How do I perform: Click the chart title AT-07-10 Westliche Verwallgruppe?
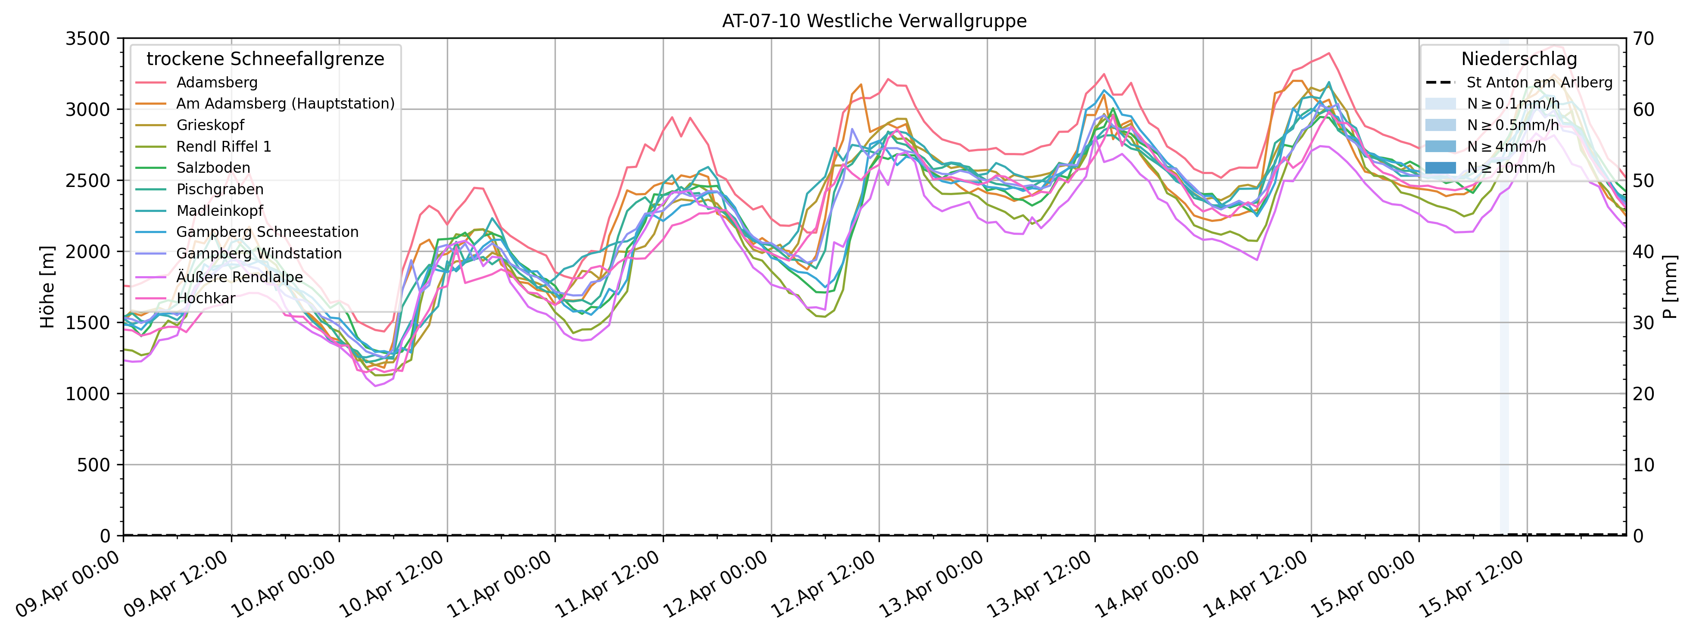(x=874, y=21)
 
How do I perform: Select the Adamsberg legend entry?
(x=216, y=82)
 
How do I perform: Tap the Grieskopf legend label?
(x=210, y=125)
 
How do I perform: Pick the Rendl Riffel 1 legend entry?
(x=224, y=146)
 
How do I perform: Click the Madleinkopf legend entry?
(x=219, y=210)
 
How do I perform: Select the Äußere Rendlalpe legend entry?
(x=239, y=277)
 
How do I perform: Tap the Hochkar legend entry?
(x=205, y=298)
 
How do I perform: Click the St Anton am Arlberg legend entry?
(x=1539, y=82)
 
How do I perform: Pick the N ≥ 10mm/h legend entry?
(x=1511, y=168)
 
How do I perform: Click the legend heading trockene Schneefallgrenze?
(x=265, y=59)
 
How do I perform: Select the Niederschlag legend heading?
(x=1519, y=59)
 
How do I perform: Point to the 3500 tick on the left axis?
(x=87, y=38)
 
